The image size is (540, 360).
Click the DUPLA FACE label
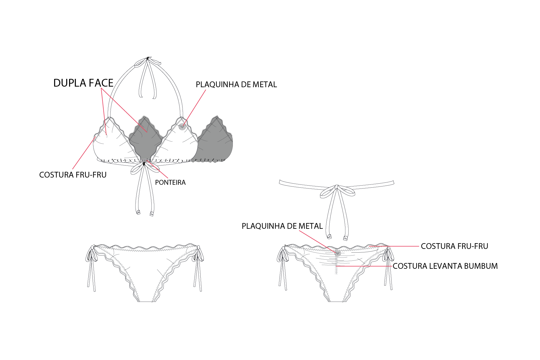click(83, 83)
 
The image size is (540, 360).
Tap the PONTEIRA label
click(170, 182)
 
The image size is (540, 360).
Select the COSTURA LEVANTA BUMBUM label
click(445, 266)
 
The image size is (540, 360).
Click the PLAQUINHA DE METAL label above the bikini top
click(236, 85)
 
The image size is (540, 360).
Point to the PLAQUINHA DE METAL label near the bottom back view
click(282, 226)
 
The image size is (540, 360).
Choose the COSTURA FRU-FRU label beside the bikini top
click(73, 175)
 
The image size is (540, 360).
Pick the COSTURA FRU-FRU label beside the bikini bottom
click(455, 246)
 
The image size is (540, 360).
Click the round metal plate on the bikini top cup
click(182, 127)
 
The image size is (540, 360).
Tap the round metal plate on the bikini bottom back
click(338, 253)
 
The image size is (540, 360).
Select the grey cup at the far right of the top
click(216, 141)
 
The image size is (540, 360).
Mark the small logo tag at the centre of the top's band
click(145, 160)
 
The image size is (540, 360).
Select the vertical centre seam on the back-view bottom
click(336, 265)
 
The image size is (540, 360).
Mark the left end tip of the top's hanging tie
click(138, 213)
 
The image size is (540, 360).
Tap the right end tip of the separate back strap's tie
click(345, 238)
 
